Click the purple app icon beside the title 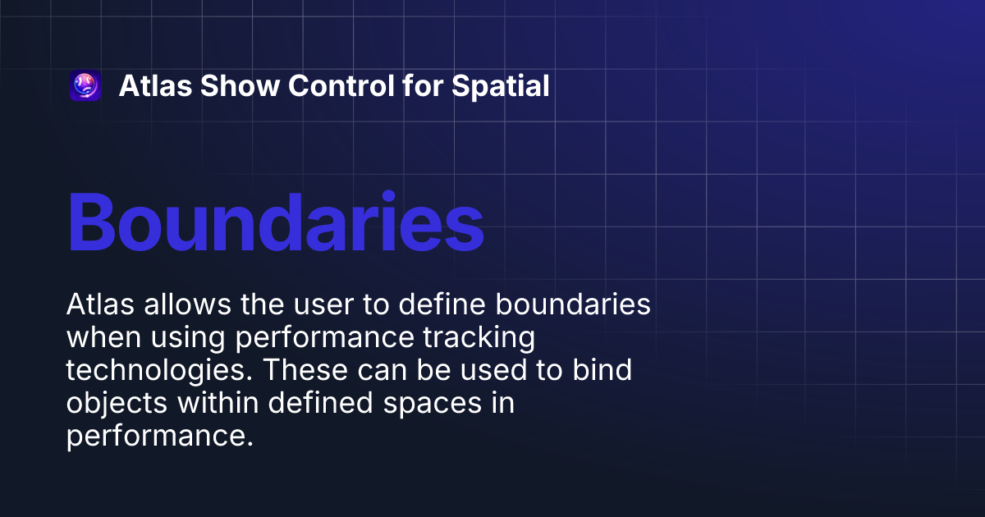point(85,86)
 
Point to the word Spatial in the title point(501,86)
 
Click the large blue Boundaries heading point(275,222)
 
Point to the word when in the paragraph point(97,337)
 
